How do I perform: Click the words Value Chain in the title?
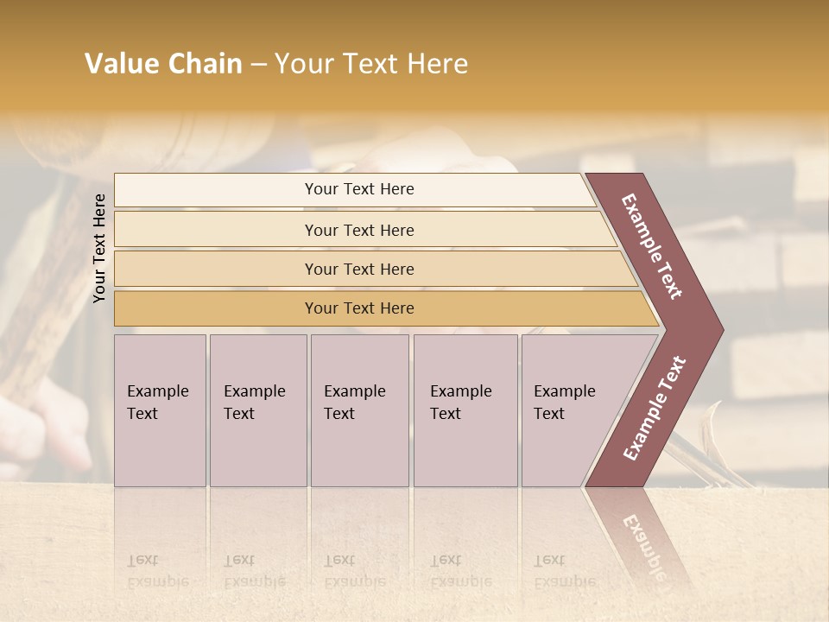[163, 64]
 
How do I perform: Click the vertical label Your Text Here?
[99, 249]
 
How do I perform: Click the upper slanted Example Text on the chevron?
[652, 246]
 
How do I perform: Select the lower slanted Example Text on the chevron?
[655, 408]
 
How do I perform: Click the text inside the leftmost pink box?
[157, 403]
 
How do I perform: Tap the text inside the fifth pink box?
[564, 403]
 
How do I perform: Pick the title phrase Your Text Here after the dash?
[371, 64]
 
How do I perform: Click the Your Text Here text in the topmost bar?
[359, 189]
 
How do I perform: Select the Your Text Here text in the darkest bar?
[359, 308]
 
